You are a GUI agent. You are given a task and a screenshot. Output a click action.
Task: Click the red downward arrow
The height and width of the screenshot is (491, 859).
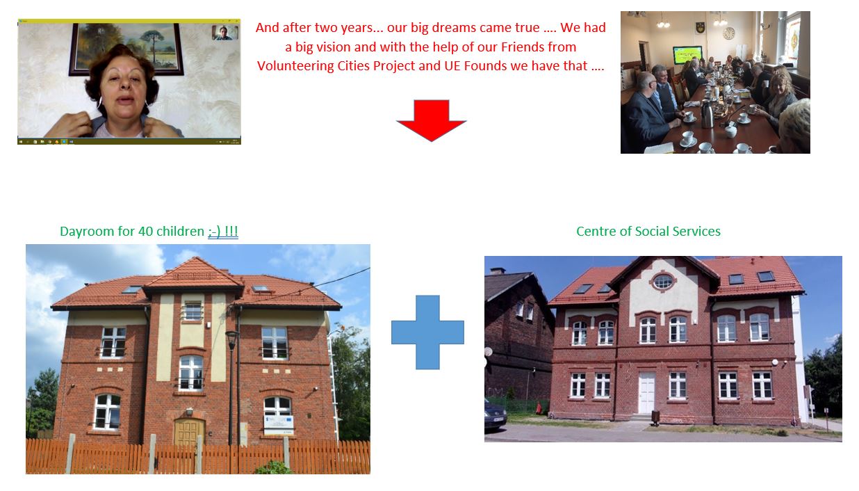tap(431, 120)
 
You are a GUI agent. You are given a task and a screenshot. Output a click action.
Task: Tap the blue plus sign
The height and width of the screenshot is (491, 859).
tap(427, 332)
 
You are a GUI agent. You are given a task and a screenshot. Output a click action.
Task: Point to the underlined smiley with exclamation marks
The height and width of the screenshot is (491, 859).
tap(223, 231)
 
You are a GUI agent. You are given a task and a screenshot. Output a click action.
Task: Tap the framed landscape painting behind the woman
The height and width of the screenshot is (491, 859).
tap(126, 49)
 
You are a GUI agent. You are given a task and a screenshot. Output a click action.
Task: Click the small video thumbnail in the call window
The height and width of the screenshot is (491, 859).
tap(225, 33)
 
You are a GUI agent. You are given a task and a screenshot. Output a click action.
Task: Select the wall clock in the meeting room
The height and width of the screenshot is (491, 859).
tap(728, 33)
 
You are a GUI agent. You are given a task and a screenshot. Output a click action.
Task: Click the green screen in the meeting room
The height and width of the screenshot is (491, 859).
tap(687, 55)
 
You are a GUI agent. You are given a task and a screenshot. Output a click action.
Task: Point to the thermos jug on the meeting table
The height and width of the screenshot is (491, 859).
tap(707, 114)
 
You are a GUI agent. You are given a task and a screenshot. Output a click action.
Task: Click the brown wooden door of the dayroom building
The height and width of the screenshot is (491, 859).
tap(189, 433)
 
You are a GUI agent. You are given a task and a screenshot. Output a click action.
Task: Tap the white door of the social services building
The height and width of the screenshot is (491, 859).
tap(647, 392)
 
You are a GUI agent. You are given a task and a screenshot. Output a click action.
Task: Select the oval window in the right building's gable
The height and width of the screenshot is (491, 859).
tap(663, 282)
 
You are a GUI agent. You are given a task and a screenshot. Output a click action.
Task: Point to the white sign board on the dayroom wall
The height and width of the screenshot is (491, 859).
tap(279, 426)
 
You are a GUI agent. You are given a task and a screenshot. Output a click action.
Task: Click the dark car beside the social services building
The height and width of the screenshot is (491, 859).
tap(496, 415)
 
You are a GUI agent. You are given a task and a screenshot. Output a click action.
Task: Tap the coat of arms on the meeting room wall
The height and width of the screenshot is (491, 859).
tap(700, 28)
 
